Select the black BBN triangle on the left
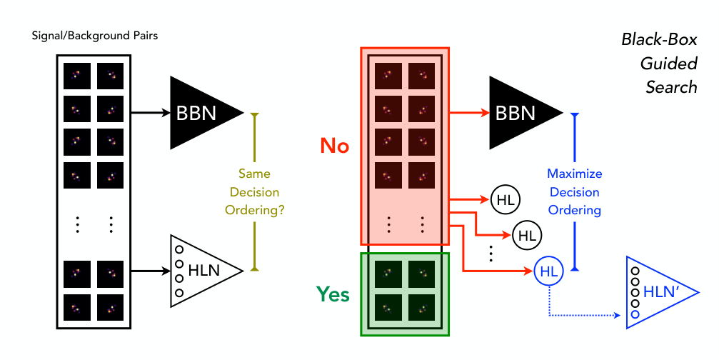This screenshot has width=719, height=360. [200, 113]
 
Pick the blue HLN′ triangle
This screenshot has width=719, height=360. [653, 292]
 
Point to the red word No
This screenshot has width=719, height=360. [334, 146]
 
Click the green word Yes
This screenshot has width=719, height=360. [333, 294]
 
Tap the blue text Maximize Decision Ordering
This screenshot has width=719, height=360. [575, 192]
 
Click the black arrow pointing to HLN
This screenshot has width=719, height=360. [149, 271]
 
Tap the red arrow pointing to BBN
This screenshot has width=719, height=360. [468, 113]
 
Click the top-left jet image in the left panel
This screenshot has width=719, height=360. [76, 75]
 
